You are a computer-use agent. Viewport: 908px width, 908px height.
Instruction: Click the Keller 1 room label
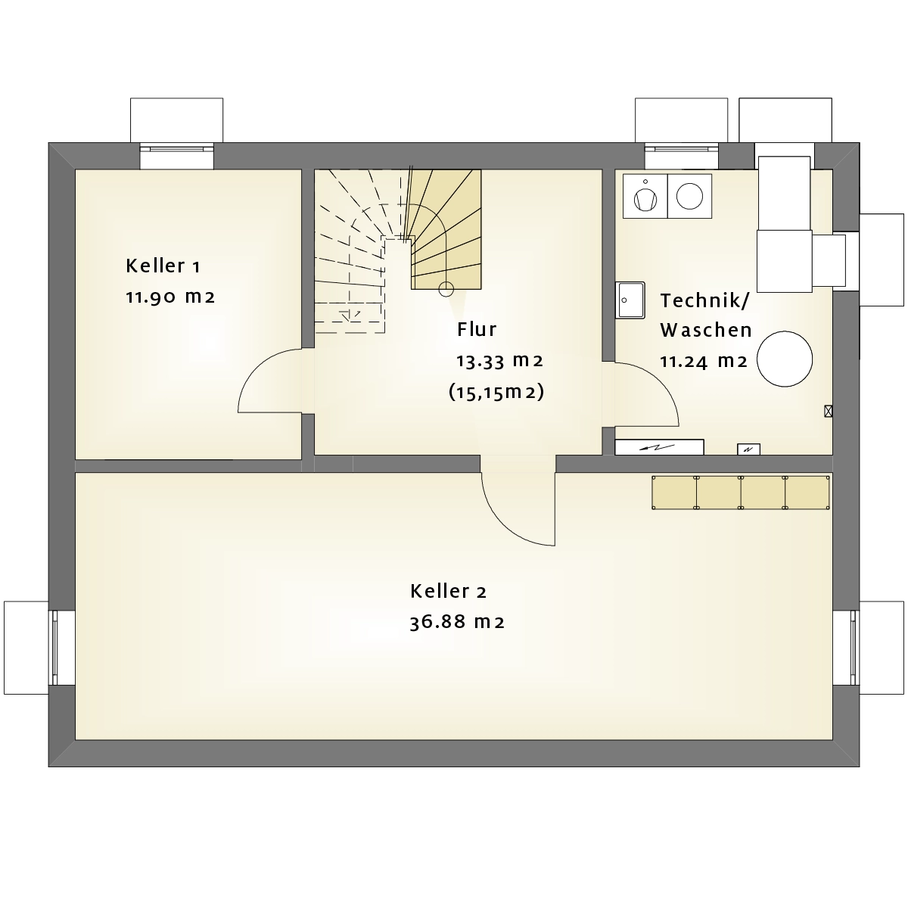click(163, 266)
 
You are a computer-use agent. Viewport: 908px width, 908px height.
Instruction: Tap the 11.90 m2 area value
click(170, 297)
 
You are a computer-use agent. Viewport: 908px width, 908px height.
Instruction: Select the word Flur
click(477, 329)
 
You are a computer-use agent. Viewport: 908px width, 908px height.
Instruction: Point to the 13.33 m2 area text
click(499, 361)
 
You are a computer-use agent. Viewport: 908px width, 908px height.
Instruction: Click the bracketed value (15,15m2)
click(496, 392)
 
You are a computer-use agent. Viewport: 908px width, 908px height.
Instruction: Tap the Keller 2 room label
click(448, 592)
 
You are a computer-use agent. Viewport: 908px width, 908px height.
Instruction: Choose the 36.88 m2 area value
click(457, 623)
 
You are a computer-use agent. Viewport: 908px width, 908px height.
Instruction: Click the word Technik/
click(704, 301)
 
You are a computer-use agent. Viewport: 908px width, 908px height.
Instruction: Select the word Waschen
click(705, 331)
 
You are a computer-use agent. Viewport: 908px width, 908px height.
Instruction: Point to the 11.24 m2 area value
click(704, 362)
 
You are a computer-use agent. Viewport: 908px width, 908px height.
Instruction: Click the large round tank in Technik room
click(785, 359)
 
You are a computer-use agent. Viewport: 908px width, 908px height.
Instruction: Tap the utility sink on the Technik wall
click(630, 300)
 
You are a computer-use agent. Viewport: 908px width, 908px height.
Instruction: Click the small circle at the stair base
click(446, 289)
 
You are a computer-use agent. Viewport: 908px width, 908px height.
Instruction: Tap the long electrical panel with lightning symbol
click(659, 447)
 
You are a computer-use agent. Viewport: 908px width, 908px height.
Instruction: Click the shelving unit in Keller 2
click(741, 493)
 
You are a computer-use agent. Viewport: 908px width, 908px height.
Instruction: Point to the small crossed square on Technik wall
click(828, 412)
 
